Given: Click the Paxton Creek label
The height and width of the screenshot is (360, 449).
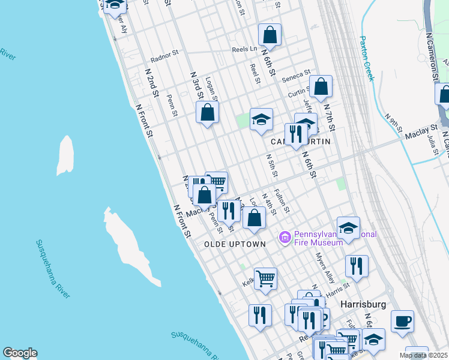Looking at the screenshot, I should click(x=366, y=58).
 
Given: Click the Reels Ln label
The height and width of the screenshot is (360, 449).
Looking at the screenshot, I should click(x=244, y=49).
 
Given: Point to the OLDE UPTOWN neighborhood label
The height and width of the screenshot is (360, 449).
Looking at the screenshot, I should click(x=235, y=244).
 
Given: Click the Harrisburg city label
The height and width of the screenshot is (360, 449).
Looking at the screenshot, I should click(x=363, y=304).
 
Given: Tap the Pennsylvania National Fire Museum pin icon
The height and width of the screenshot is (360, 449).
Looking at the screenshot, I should click(x=285, y=238).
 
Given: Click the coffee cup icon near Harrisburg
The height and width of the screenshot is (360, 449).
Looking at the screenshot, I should click(x=402, y=321).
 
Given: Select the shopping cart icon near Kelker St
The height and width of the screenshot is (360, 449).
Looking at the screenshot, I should click(x=265, y=278).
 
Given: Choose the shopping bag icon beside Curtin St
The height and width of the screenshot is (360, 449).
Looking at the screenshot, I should click(x=321, y=86).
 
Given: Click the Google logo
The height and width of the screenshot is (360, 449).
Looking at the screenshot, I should click(x=20, y=353).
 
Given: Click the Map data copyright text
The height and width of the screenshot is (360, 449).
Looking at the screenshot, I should click(x=423, y=355).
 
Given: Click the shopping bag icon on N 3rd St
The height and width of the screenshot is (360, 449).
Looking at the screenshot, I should click(x=207, y=112).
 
